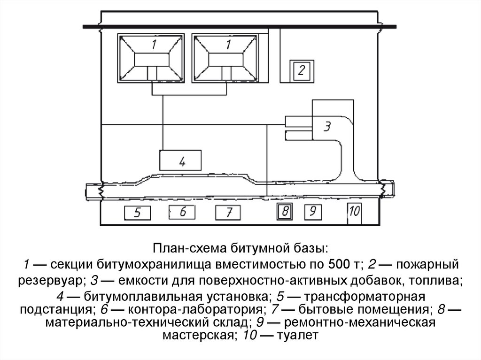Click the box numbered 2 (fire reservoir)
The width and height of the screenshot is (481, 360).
pos(301,71)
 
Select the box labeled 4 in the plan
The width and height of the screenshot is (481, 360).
pos(181,161)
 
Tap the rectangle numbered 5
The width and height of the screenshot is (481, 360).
pos(138,213)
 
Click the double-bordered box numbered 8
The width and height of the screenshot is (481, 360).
pos(284,212)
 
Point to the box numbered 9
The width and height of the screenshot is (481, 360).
pos(312,212)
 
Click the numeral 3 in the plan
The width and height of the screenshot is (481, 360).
pos(328,126)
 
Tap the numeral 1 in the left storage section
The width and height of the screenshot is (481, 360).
pos(154,45)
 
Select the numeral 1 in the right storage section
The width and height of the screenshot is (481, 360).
pos(228,45)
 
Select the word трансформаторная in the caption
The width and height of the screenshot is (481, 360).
pos(367,298)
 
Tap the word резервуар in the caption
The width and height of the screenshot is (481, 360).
pos(51,281)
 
